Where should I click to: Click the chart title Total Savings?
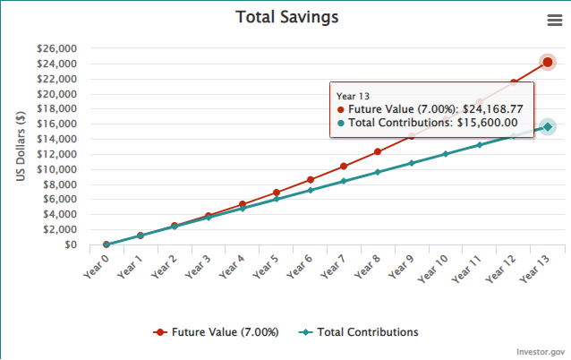tap(286, 17)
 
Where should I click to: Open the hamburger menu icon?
tap(554, 21)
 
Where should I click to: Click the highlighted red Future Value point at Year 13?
tap(548, 62)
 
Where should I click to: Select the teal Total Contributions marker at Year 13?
tap(548, 127)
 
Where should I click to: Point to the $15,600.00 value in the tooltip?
tap(488, 123)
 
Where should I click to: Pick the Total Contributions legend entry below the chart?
tap(367, 331)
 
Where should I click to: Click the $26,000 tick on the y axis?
tap(55, 48)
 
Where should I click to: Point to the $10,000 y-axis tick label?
tap(55, 169)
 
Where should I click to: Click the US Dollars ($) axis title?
tap(21, 146)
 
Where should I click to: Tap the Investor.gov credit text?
tap(540, 352)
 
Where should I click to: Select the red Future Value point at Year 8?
tap(378, 152)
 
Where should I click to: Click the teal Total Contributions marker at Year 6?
tap(310, 190)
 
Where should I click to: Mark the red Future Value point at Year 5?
tap(276, 193)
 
